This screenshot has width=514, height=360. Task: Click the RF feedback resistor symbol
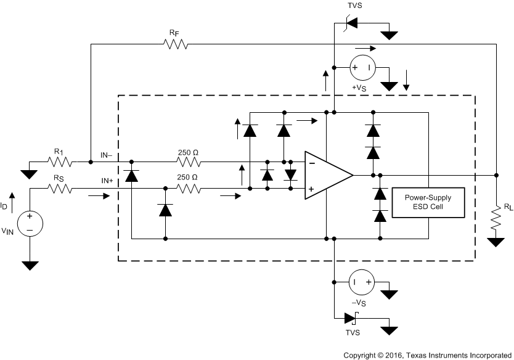click(175, 44)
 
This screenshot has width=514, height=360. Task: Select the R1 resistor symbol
click(60, 163)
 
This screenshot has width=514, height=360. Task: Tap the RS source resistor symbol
click(60, 189)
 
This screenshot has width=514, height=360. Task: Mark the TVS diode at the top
click(349, 23)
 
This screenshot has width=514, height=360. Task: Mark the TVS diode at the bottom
click(350, 318)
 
